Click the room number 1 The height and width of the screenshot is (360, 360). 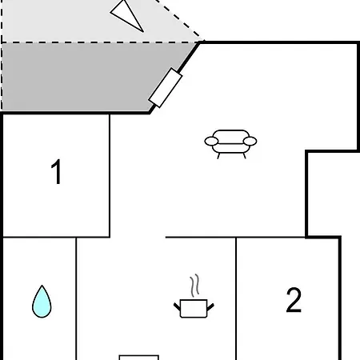pyautogui.click(x=57, y=171)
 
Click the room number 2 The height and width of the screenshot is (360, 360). pyautogui.click(x=294, y=299)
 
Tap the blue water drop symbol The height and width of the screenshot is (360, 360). pyautogui.click(x=42, y=302)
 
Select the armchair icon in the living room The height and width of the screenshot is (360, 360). pyautogui.click(x=230, y=144)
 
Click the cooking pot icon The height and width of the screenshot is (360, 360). pyautogui.click(x=194, y=308)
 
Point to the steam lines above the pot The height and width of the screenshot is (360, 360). pyautogui.click(x=195, y=285)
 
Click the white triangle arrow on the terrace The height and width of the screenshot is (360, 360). pyautogui.click(x=127, y=16)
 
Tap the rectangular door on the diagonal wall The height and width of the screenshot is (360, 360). pyautogui.click(x=166, y=88)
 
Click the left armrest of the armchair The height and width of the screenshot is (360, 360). pyautogui.click(x=211, y=141)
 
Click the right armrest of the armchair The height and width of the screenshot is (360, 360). pyautogui.click(x=250, y=141)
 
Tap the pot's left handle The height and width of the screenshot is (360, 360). pyautogui.click(x=177, y=306)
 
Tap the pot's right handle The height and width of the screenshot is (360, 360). pyautogui.click(x=210, y=306)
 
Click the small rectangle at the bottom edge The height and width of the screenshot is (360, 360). pyautogui.click(x=139, y=358)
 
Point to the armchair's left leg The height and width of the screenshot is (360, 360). pyautogui.click(x=218, y=156)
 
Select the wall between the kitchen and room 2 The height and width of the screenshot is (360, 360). pyautogui.click(x=236, y=298)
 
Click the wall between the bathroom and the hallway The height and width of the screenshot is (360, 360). pyautogui.click(x=76, y=298)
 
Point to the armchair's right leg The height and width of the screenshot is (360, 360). pyautogui.click(x=244, y=156)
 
